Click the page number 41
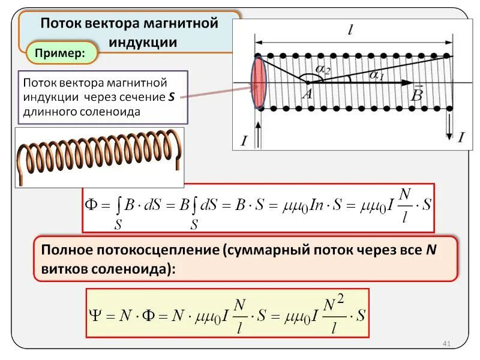(x=446, y=343)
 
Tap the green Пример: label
(x=61, y=53)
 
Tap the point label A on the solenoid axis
(x=308, y=93)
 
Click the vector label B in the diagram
(x=418, y=95)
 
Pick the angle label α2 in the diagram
(x=322, y=71)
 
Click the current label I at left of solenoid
(x=244, y=141)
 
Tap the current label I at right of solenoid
(x=461, y=137)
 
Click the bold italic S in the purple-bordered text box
(x=172, y=97)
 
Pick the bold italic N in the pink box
(x=430, y=250)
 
